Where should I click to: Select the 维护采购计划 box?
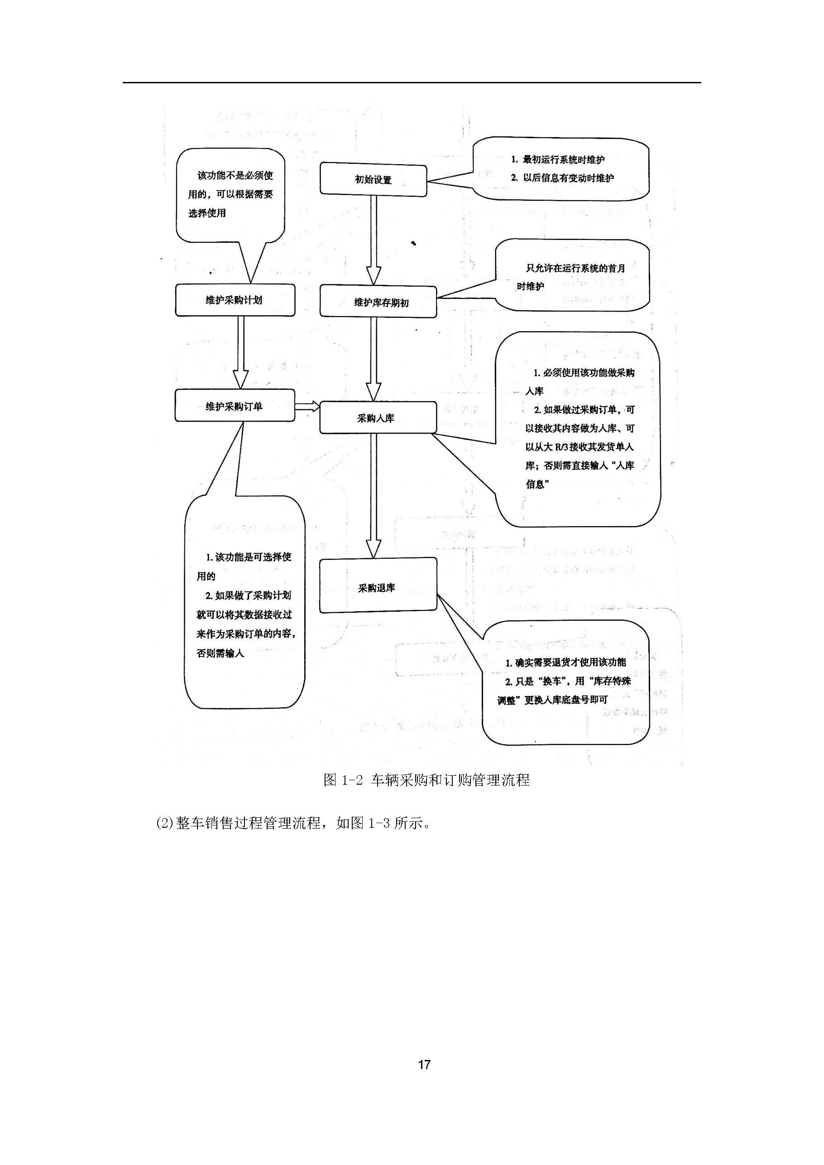[235, 300]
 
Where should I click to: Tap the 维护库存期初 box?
[378, 302]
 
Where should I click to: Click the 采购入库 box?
[378, 418]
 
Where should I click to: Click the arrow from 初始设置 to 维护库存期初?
[374, 239]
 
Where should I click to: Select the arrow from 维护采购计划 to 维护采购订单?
[240, 353]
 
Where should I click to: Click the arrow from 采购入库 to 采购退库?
[374, 495]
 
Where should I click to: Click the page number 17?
[424, 1064]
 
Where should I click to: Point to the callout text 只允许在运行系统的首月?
[575, 268]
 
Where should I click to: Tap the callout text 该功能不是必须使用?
[235, 176]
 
